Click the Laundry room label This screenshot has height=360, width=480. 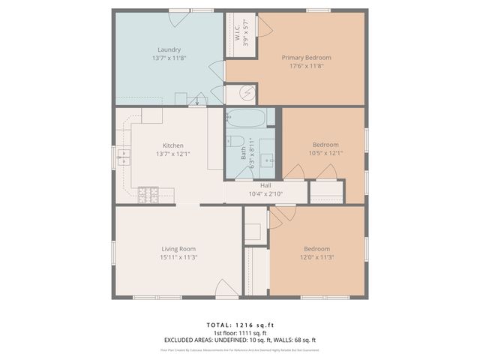(x=169, y=49)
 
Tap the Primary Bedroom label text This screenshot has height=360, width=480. (x=306, y=57)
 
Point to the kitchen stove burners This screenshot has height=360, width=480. (x=148, y=194)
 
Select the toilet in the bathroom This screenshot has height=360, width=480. (x=234, y=141)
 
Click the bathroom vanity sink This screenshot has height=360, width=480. (x=269, y=160)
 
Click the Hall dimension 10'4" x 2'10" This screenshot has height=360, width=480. (x=265, y=194)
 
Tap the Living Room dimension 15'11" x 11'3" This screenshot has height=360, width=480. (x=178, y=257)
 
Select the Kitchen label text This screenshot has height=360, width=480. (x=173, y=145)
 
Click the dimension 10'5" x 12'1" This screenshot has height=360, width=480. (x=325, y=153)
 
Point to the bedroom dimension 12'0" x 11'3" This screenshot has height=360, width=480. (x=316, y=257)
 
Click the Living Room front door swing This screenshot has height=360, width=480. (x=227, y=288)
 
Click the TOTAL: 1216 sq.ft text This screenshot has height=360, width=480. (x=240, y=325)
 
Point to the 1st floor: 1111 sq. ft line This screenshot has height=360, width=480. (x=240, y=332)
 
